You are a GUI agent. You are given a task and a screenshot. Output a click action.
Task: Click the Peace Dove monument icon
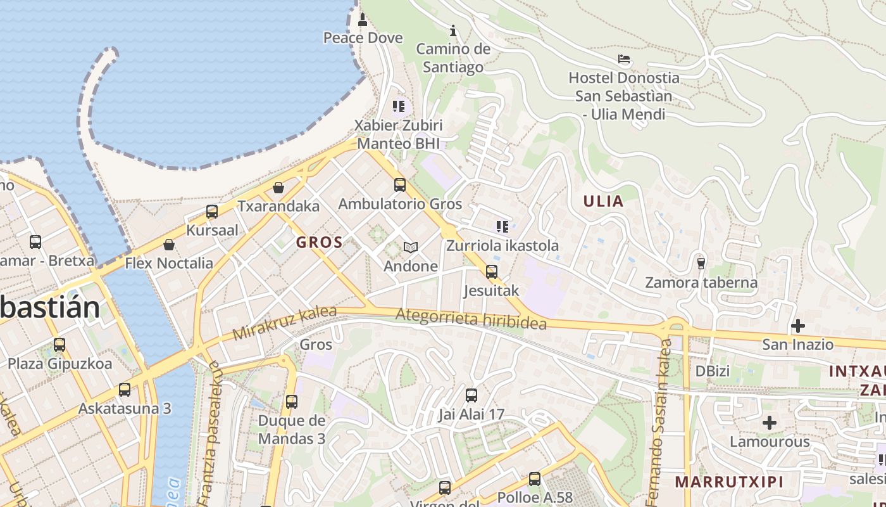coord(363,20)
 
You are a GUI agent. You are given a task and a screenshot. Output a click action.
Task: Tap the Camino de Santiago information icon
coord(453,30)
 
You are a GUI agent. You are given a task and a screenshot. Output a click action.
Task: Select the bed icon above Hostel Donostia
coord(624,60)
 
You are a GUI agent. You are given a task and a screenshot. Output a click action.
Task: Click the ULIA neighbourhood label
coord(603,202)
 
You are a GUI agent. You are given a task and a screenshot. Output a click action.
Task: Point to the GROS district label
coord(320,241)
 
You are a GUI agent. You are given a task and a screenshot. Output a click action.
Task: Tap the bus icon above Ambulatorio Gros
coord(400,185)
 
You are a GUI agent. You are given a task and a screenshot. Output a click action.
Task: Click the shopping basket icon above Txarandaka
coord(278,188)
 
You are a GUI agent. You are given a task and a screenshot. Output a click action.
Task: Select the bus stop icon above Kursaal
coord(212,212)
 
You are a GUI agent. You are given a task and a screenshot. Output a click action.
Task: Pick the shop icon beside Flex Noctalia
coord(169,245)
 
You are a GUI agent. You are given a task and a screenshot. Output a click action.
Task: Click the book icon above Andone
coord(411,247)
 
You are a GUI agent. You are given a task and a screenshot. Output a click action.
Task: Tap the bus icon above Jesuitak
coord(492,272)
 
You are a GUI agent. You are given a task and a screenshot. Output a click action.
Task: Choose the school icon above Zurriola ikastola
coord(502,227)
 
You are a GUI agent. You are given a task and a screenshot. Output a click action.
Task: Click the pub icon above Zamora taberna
coord(701,263)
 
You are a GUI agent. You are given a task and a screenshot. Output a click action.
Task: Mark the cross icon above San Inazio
coord(797,326)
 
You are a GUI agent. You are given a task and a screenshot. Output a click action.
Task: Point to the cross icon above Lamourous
coord(770,422)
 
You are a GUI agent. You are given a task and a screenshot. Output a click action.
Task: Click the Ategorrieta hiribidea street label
coord(471,319)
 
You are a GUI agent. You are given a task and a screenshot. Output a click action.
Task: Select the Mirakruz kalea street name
coord(275,323)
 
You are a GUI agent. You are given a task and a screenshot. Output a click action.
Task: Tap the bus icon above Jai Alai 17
coord(471,395)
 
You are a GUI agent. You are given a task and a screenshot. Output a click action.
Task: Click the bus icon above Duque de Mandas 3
coord(292,401)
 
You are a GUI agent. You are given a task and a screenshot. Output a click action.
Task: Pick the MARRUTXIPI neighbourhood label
coord(729,482)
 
